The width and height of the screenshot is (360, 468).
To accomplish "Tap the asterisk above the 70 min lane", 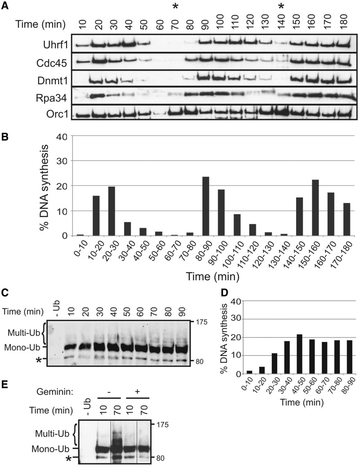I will coord(176,7).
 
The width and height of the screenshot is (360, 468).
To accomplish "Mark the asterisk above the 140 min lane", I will coord(282,7).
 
